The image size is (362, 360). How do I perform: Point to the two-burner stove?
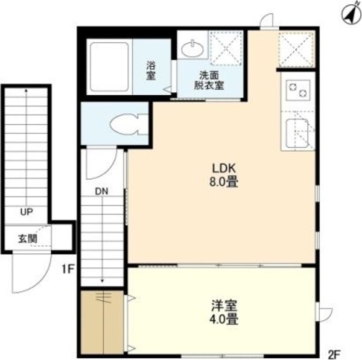pyautogui.click(x=297, y=90)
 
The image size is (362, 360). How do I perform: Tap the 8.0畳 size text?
pyautogui.click(x=223, y=181)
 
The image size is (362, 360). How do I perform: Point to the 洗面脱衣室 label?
pyautogui.click(x=209, y=80)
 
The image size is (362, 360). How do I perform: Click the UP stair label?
pyautogui.click(x=26, y=212)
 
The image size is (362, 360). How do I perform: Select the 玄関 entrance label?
pyautogui.click(x=26, y=238)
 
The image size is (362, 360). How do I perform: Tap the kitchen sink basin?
pyautogui.click(x=297, y=131)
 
